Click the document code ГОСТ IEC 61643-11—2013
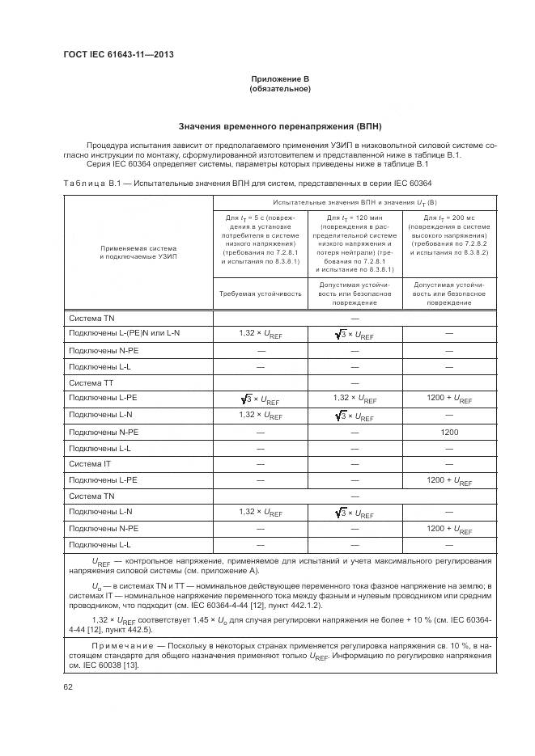[117, 55]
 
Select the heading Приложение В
[280, 78]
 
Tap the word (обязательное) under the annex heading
[280, 89]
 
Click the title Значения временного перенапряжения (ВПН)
[280, 127]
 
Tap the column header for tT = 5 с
[260, 239]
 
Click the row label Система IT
[90, 464]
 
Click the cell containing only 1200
[449, 432]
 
